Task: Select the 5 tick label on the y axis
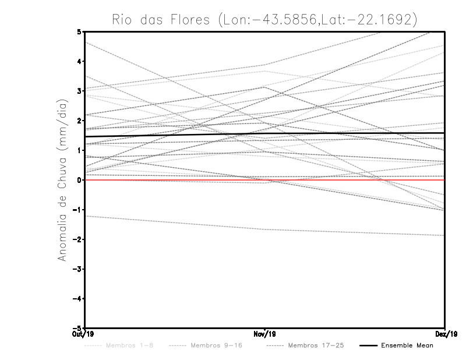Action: (80, 31)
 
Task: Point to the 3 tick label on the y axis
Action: (80, 91)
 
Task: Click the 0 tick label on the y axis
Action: (80, 180)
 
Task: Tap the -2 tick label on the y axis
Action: (78, 239)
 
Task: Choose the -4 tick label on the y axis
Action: (78, 299)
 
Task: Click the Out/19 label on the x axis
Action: (85, 334)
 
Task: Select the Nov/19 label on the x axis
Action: (265, 334)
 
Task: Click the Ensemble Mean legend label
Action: (407, 346)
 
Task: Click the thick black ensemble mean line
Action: (175, 135)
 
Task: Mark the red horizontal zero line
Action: (175, 181)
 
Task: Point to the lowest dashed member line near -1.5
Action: (175, 223)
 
